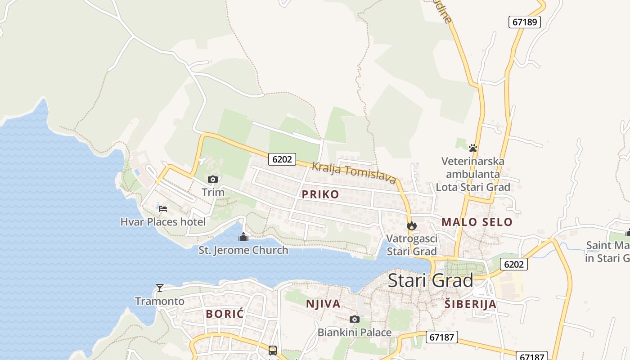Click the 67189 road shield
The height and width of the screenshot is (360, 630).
coord(524,22)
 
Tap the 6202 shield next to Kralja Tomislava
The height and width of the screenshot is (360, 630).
coord(282,159)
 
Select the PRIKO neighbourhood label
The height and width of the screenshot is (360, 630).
coord(320,194)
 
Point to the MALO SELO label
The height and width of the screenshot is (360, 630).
coord(477,222)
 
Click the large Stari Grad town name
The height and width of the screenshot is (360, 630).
coord(430,280)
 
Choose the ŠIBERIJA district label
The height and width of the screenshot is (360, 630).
coord(470,304)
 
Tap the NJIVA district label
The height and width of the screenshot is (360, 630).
coord(323,304)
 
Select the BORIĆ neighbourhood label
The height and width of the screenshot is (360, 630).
coord(225,314)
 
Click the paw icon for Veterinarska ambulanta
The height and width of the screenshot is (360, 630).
coord(472,148)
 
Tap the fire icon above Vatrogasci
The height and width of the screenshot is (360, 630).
coord(411,225)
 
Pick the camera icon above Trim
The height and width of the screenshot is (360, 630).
coord(213,179)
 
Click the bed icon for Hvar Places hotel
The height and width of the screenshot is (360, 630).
coord(163,208)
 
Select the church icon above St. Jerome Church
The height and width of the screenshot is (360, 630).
coord(243,237)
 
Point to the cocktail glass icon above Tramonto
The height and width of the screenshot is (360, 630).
coord(159,288)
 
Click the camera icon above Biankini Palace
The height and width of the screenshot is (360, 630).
coord(355,319)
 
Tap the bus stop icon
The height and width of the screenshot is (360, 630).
coord(273,350)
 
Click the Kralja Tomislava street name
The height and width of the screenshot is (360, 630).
coord(354,173)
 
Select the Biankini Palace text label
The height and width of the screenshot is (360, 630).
coord(355,333)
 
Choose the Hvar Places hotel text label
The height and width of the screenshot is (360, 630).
coord(163,222)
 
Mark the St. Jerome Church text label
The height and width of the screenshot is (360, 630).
coord(243,250)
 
